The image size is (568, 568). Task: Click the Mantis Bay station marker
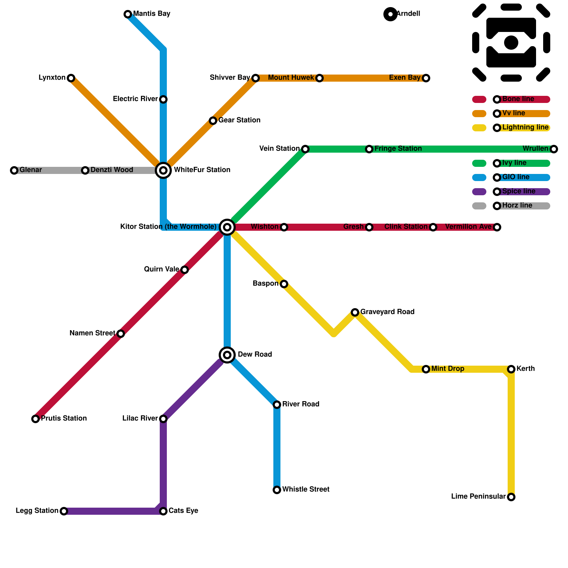pos(128,14)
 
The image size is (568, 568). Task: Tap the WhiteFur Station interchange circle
pos(163,170)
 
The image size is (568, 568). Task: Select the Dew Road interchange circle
pos(227,355)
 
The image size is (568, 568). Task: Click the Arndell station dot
pos(390,14)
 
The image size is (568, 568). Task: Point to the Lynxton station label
pos(52,78)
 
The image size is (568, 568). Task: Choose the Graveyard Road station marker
pos(355,312)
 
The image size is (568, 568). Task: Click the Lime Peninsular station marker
pos(511,497)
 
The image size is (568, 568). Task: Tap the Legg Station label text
pos(37,511)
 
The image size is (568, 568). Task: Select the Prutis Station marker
pos(35,419)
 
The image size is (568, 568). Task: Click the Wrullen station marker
pos(554,149)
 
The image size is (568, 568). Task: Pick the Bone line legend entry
pos(518,99)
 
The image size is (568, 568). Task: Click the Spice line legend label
pos(519,191)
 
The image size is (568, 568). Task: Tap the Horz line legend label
pos(517,206)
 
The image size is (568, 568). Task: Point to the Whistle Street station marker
pos(277,490)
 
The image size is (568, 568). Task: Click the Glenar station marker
pos(14,170)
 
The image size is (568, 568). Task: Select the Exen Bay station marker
pos(426,78)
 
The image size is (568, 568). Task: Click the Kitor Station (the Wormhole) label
pos(168,227)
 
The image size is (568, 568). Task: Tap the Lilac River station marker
pos(163,419)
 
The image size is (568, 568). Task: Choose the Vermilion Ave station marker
pos(497,227)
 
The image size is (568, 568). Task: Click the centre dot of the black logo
pos(511,43)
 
